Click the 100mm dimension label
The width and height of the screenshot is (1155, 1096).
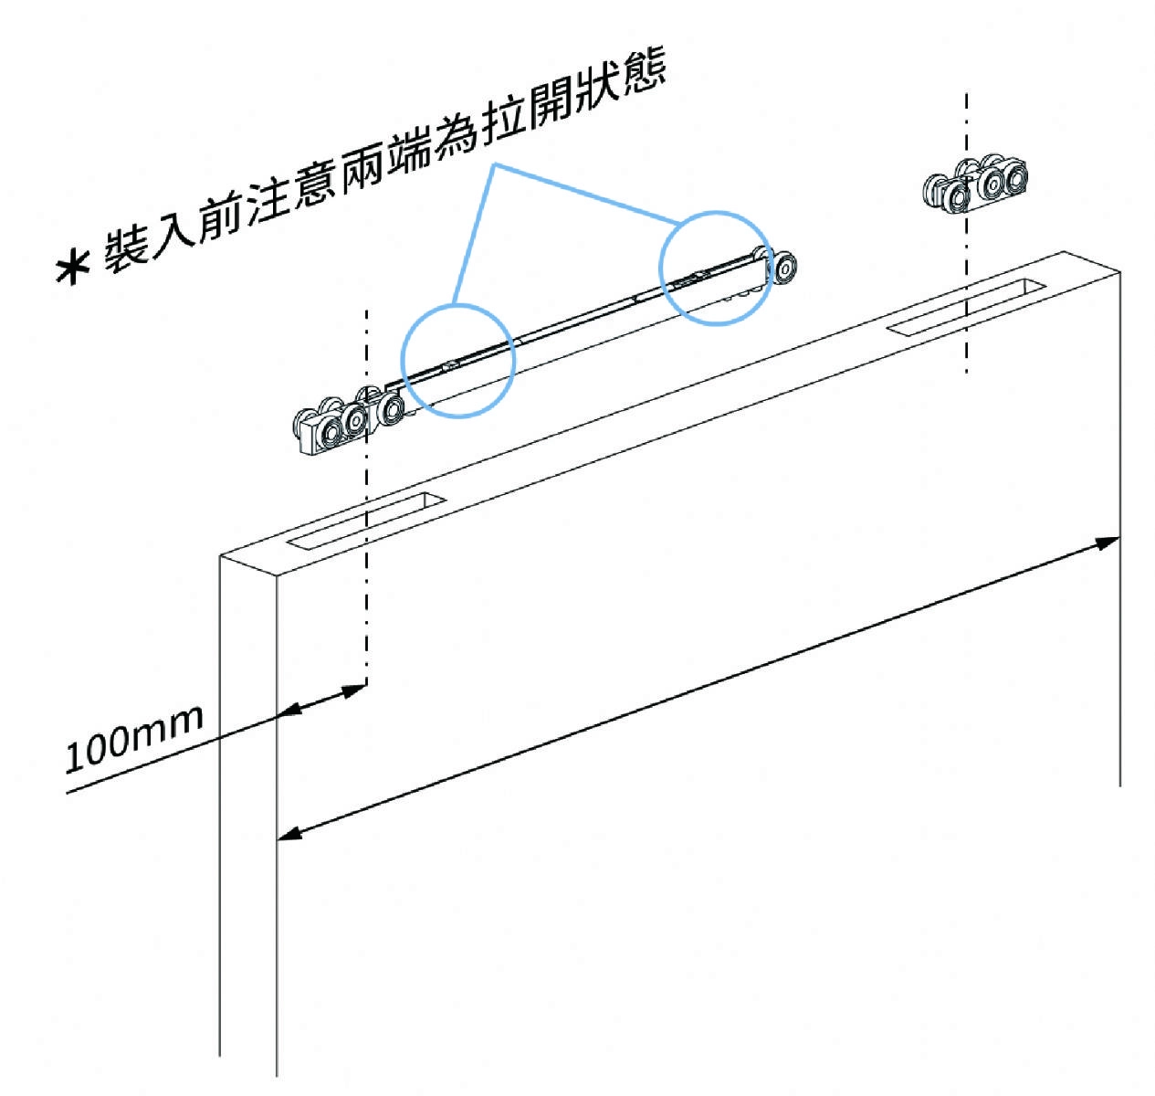tap(134, 738)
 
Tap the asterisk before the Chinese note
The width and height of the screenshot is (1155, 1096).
tap(72, 268)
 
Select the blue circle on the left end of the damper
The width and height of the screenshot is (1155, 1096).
tap(458, 360)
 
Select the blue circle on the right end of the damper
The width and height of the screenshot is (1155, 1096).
tap(716, 267)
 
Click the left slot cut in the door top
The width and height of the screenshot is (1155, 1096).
tap(365, 522)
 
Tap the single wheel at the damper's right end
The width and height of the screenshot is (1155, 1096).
tap(783, 267)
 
